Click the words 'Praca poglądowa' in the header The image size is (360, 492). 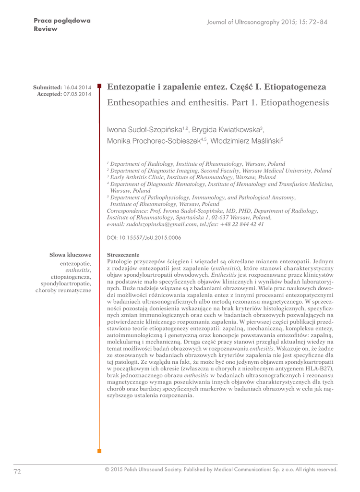click(x=62, y=21)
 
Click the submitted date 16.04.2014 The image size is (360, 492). click(x=77, y=87)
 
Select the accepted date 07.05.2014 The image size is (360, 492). click(x=77, y=94)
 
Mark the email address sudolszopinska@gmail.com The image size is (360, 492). click(x=159, y=224)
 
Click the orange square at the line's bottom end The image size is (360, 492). click(x=99, y=451)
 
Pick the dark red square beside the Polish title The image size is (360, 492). click(x=99, y=86)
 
